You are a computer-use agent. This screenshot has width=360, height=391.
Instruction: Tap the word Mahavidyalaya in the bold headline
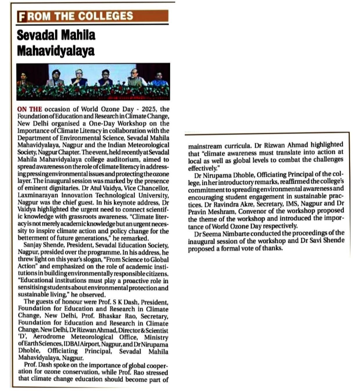[x=56, y=51]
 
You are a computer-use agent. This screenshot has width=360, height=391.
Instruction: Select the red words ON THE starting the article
[x=30, y=109]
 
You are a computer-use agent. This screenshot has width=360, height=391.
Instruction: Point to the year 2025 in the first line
[x=147, y=109]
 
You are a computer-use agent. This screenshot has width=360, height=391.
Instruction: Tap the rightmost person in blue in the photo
[x=159, y=79]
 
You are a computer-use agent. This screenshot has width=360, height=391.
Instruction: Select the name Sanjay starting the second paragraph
[x=33, y=245]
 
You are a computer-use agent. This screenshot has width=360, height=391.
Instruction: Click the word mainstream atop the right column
[x=205, y=146]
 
